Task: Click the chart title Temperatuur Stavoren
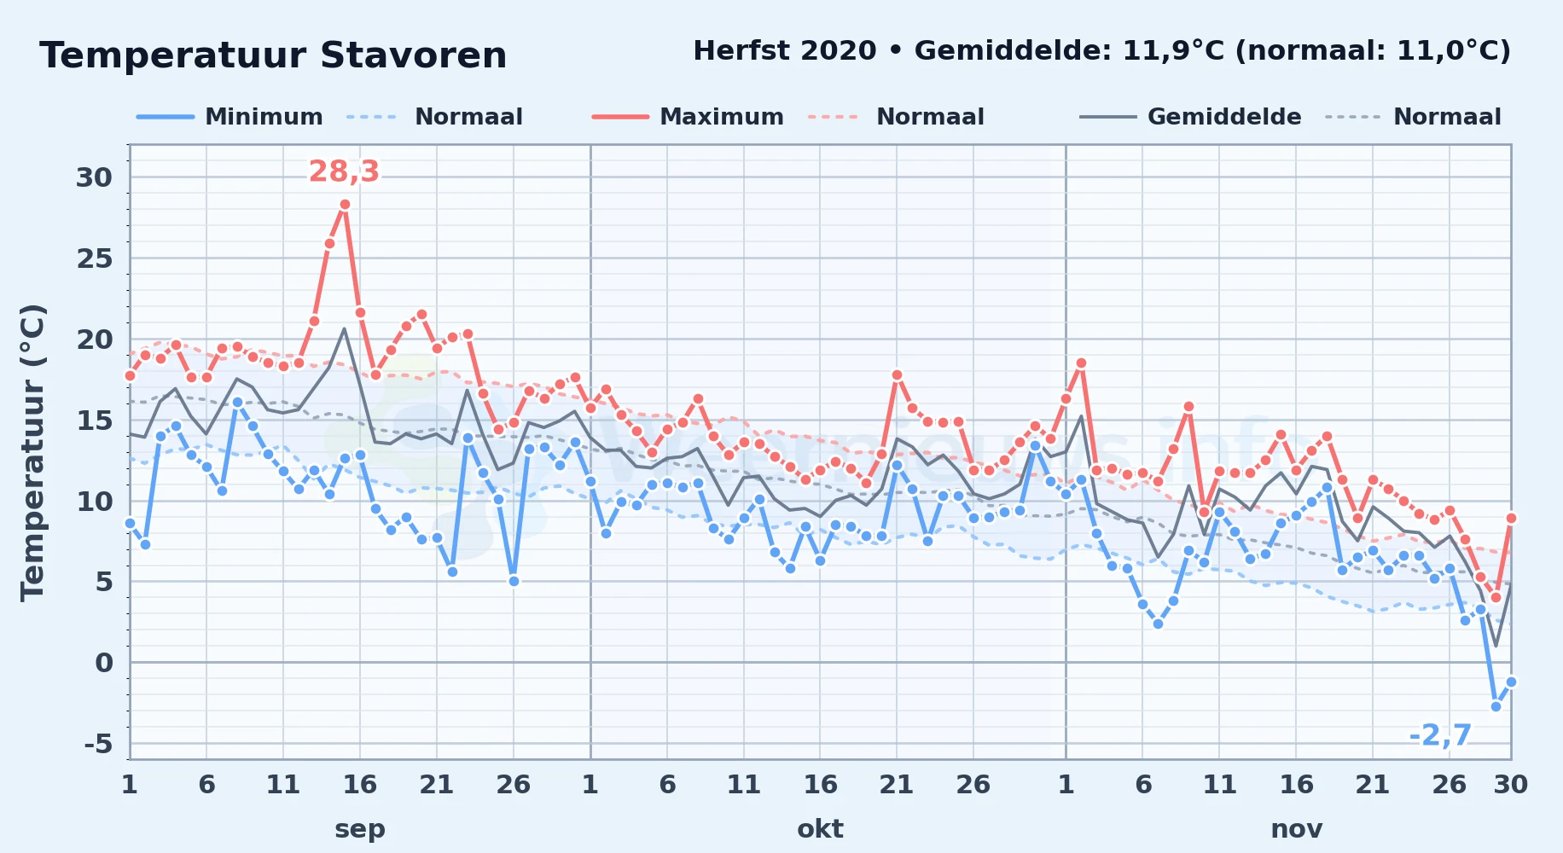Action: point(273,55)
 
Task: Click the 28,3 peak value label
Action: point(344,171)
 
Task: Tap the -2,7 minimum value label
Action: point(1440,734)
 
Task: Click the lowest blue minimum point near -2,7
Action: point(1496,706)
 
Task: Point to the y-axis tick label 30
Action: point(94,177)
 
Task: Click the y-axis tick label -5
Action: point(98,744)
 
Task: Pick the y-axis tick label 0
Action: point(104,663)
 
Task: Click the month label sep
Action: point(360,829)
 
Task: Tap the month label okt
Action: point(820,828)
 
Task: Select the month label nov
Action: point(1297,829)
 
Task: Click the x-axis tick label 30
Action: point(1510,784)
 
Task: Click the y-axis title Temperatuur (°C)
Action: point(32,452)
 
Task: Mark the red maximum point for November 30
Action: point(1511,518)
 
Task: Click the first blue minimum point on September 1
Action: point(130,523)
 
